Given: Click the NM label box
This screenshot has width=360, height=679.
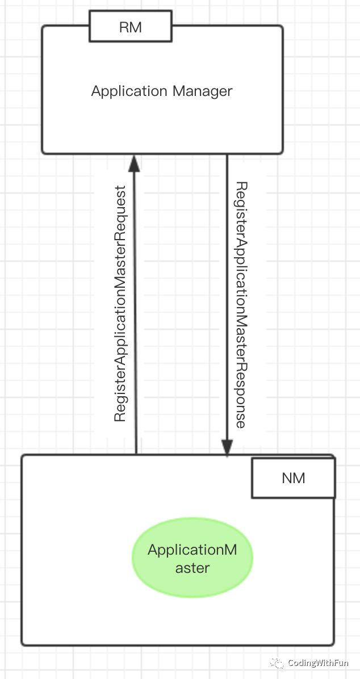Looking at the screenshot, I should [x=293, y=478].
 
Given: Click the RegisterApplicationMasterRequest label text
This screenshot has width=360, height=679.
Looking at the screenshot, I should [x=120, y=304].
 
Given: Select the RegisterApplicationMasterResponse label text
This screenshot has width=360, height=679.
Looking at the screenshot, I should [x=241, y=305].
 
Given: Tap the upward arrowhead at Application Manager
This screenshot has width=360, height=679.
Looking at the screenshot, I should [x=134, y=164].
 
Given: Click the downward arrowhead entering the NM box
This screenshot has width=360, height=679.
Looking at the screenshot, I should [x=227, y=448].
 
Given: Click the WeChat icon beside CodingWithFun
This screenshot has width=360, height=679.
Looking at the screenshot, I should [x=277, y=663].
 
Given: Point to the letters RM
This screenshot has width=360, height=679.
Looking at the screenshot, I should [x=130, y=28].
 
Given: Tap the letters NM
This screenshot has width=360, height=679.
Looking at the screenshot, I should [x=293, y=478].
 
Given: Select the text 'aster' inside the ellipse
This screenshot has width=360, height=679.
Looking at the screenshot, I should [x=192, y=568].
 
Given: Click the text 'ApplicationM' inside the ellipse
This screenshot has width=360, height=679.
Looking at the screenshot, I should [x=192, y=550].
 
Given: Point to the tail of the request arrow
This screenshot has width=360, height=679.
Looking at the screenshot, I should [x=136, y=451].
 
